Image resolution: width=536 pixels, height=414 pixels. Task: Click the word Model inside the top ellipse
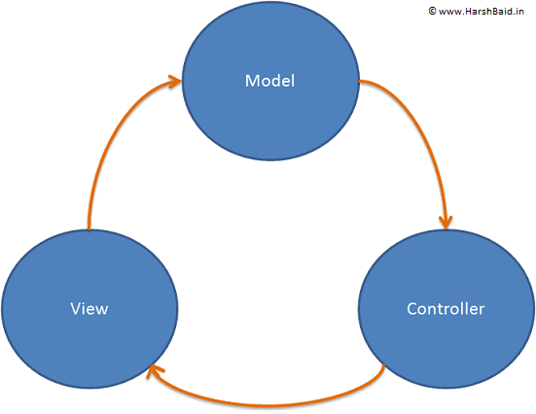tap(269, 80)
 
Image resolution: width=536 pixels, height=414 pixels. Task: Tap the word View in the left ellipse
tap(89, 309)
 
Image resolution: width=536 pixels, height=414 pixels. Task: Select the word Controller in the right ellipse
tap(445, 309)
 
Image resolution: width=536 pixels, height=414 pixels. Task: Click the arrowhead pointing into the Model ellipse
tap(176, 82)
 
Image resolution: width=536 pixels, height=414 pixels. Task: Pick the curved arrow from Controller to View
tap(272, 400)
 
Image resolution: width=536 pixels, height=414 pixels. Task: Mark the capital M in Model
tap(251, 80)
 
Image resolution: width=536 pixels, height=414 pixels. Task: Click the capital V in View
tap(75, 309)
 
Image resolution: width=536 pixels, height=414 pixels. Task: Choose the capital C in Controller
tap(411, 309)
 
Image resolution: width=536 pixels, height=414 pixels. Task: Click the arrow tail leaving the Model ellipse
tap(362, 83)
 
